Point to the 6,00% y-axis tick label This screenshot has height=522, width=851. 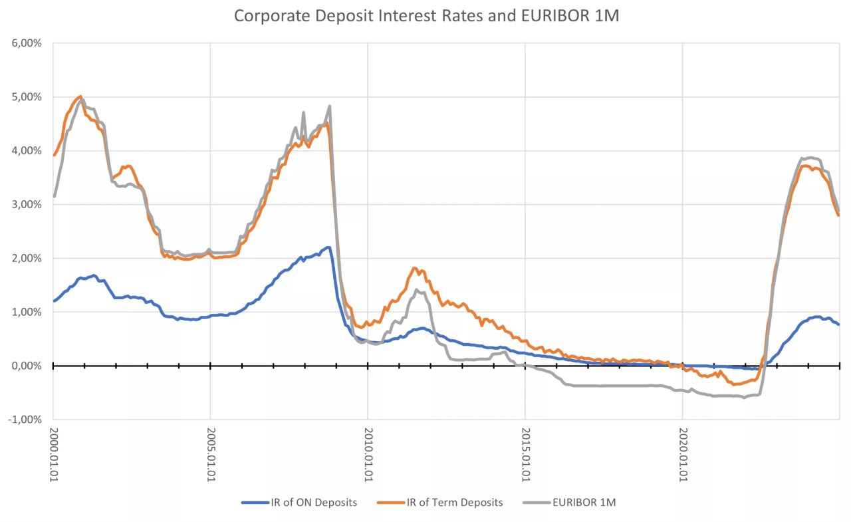(x=27, y=43)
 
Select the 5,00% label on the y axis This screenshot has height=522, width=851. (x=27, y=97)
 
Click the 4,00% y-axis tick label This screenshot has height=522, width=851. (x=27, y=151)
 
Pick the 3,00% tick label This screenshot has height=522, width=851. (x=27, y=205)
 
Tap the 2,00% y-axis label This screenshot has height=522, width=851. (x=27, y=259)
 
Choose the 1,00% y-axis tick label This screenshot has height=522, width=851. (x=27, y=312)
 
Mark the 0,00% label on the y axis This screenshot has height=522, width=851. (x=27, y=366)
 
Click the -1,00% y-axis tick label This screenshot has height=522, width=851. (x=25, y=420)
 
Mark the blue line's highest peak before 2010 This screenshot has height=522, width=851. (x=328, y=247)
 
